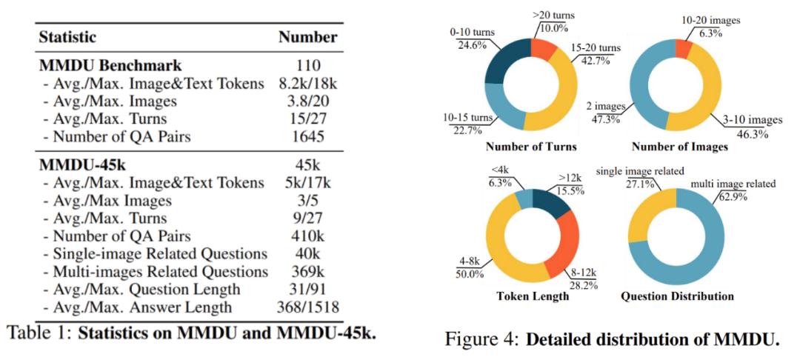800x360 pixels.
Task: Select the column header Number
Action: tap(308, 36)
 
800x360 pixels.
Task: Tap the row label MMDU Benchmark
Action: tap(101, 64)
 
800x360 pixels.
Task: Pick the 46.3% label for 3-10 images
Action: tap(748, 134)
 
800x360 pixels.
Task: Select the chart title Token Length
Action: tap(533, 296)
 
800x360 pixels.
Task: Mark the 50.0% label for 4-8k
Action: tap(468, 273)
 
